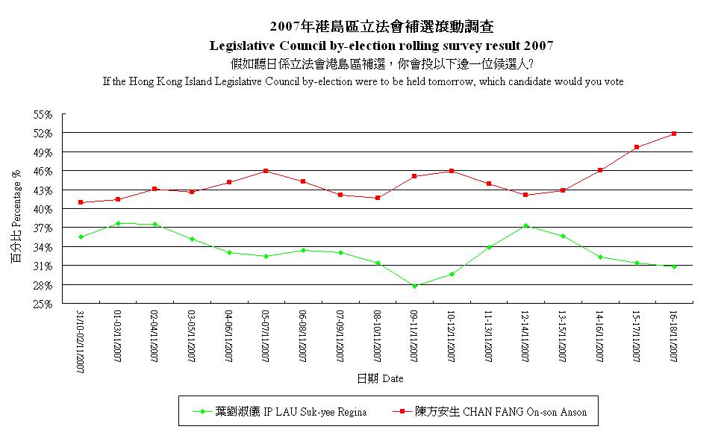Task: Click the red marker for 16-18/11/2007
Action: [x=674, y=134]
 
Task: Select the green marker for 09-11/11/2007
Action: [x=414, y=286]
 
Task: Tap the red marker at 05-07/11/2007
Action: [x=266, y=171]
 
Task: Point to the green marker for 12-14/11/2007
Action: [x=525, y=225]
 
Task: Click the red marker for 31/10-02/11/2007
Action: [x=81, y=202]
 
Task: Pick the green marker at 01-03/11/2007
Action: [x=118, y=223]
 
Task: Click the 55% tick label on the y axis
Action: [x=43, y=114]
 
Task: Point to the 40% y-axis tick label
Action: [x=43, y=209]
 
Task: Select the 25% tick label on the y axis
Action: [x=43, y=304]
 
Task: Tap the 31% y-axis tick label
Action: [x=43, y=266]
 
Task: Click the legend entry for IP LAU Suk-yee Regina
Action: [x=279, y=411]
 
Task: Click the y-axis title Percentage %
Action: [x=16, y=216]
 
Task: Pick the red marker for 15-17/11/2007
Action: [x=637, y=147]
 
